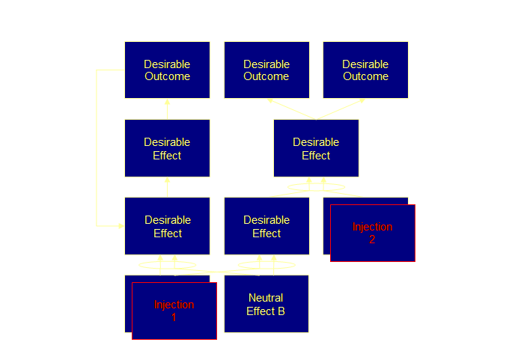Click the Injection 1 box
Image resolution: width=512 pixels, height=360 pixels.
click(174, 311)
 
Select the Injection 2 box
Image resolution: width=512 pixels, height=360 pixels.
click(372, 233)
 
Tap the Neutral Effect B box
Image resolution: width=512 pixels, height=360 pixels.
click(266, 304)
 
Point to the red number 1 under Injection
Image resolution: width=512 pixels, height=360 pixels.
click(174, 317)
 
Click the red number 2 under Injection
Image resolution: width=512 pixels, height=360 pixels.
click(372, 240)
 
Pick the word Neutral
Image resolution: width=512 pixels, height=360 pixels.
click(266, 298)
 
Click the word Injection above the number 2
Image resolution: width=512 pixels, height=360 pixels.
click(372, 227)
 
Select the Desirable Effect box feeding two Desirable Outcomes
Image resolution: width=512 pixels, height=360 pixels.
click(316, 148)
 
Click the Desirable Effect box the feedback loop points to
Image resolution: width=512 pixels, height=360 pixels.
click(167, 226)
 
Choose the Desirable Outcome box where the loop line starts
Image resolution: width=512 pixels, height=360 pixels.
click(167, 70)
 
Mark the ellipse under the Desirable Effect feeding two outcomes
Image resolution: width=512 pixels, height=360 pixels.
click(316, 186)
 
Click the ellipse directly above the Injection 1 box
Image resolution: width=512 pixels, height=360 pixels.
click(168, 264)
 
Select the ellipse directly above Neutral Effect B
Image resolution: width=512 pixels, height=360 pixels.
click(266, 264)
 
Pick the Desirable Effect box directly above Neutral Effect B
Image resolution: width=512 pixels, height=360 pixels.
click(266, 226)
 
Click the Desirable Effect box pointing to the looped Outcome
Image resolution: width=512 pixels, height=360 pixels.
click(167, 148)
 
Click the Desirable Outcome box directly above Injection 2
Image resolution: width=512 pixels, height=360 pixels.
click(365, 70)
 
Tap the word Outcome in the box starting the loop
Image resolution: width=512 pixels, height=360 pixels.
click(167, 76)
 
